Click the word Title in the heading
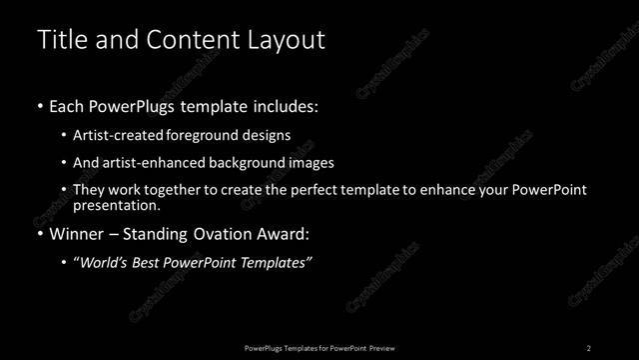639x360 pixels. click(x=60, y=40)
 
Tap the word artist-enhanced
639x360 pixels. click(x=152, y=162)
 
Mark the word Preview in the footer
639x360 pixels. click(x=381, y=347)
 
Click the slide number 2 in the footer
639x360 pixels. click(x=589, y=347)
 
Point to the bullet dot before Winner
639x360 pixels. click(x=40, y=235)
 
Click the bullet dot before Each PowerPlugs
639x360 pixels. click(x=40, y=105)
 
